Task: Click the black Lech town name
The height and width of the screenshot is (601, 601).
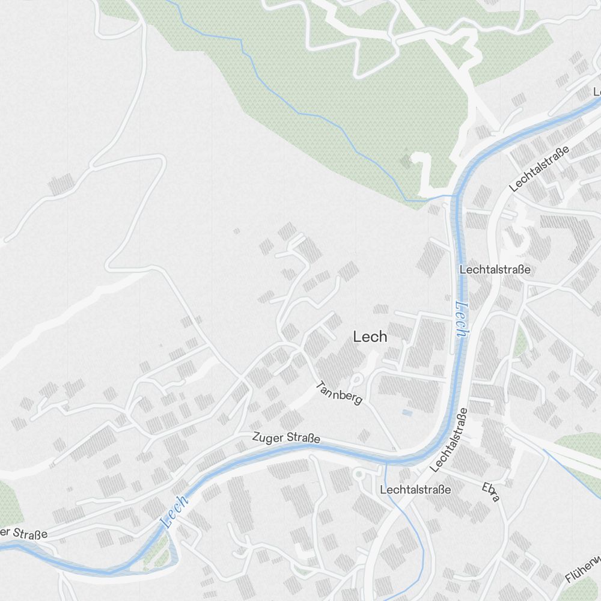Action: pos(370,337)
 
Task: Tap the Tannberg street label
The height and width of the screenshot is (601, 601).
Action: pos(340,393)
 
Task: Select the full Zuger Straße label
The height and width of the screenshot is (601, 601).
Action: pos(286,438)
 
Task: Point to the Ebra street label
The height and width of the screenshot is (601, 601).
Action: pos(491,491)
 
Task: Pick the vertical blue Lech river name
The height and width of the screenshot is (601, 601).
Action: pos(460,319)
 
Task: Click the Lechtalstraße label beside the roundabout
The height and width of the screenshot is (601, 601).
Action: pos(415,490)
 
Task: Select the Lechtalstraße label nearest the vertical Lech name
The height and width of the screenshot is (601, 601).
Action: pos(495,270)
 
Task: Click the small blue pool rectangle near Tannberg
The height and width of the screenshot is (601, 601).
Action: pos(407,413)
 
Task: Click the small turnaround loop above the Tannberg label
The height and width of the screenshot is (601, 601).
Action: pos(356,380)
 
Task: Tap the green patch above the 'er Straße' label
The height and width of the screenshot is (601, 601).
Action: pos(7,502)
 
